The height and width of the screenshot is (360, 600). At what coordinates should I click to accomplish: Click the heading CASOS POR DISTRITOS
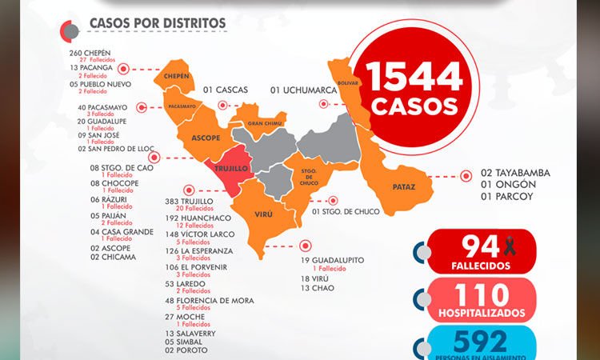(158, 24)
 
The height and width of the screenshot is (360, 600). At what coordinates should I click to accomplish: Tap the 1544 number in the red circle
(414, 76)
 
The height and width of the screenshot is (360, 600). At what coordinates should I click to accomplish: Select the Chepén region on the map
(177, 77)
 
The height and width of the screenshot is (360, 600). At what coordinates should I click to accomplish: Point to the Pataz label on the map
(403, 187)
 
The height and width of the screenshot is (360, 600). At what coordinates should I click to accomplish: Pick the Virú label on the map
(263, 214)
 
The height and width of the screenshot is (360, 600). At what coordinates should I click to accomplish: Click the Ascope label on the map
(206, 138)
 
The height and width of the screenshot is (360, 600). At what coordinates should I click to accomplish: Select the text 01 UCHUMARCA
(303, 90)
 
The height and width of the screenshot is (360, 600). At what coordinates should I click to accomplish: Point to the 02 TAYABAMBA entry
(515, 173)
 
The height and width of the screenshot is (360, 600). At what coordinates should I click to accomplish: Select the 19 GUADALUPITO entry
(332, 261)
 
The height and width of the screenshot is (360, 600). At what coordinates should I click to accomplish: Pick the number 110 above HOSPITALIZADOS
(479, 295)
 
